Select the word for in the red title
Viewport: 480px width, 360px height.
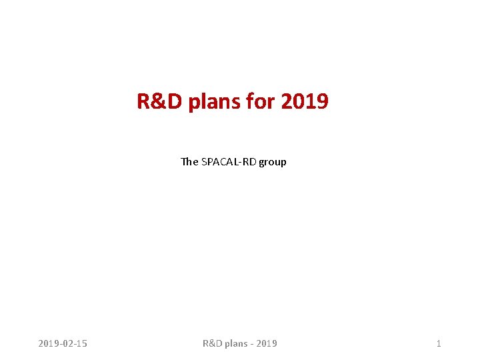[260, 102]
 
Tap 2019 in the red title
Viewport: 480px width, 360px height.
[305, 102]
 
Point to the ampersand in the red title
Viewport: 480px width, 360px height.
[154, 102]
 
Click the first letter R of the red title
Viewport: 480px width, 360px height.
[143, 102]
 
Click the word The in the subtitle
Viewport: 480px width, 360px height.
[189, 161]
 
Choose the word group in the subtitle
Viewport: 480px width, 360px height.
[273, 162]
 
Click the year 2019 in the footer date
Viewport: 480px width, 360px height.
[49, 343]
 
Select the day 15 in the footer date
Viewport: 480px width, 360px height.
[81, 343]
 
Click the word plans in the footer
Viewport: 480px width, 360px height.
[236, 343]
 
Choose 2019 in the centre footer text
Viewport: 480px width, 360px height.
[267, 343]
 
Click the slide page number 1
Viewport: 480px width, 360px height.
[438, 343]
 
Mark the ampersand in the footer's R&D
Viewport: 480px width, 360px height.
[212, 343]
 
